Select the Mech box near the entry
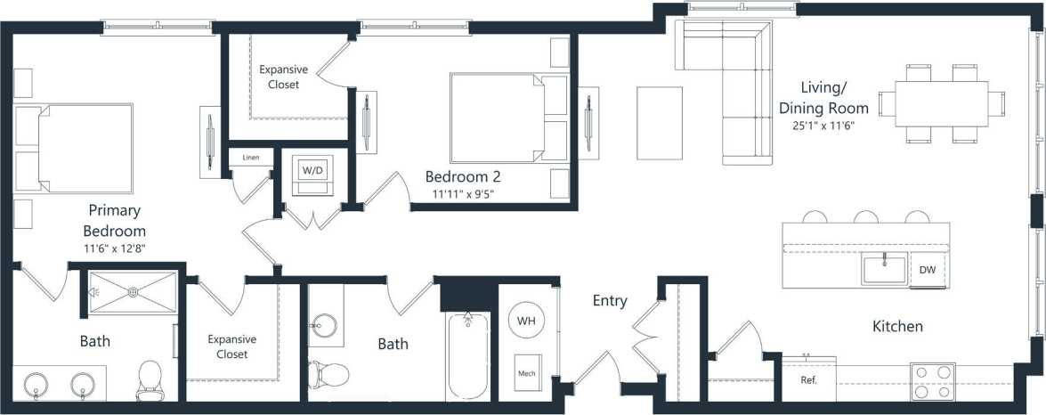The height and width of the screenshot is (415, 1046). coord(527,373)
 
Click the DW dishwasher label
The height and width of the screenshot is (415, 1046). coord(927,270)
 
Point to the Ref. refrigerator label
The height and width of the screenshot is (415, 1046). coord(808,379)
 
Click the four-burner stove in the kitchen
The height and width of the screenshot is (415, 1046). coord(932,381)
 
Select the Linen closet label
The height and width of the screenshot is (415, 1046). coord(251,158)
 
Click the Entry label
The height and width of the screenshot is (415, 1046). coord(610,301)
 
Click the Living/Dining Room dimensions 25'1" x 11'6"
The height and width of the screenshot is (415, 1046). coord(830,126)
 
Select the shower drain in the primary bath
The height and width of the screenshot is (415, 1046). coord(133,291)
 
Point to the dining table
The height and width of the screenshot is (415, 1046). coord(942,103)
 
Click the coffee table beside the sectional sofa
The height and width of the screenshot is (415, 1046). coord(660,111)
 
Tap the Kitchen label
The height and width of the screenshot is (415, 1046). coord(897,327)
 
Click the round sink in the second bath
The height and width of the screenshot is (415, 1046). coord(324,327)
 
